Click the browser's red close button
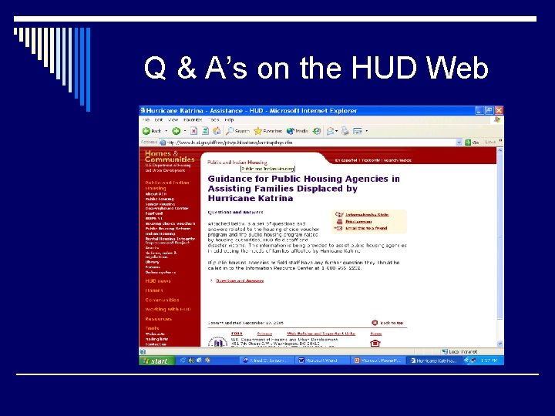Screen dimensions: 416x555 click(499, 110)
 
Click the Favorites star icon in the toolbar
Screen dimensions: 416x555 click(259, 131)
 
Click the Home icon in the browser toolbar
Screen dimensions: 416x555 click(212, 131)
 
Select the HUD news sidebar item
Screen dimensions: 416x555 click(158, 281)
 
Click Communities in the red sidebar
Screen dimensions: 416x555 click(162, 300)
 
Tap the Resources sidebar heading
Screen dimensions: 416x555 click(158, 318)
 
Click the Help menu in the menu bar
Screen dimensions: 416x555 click(230, 120)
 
